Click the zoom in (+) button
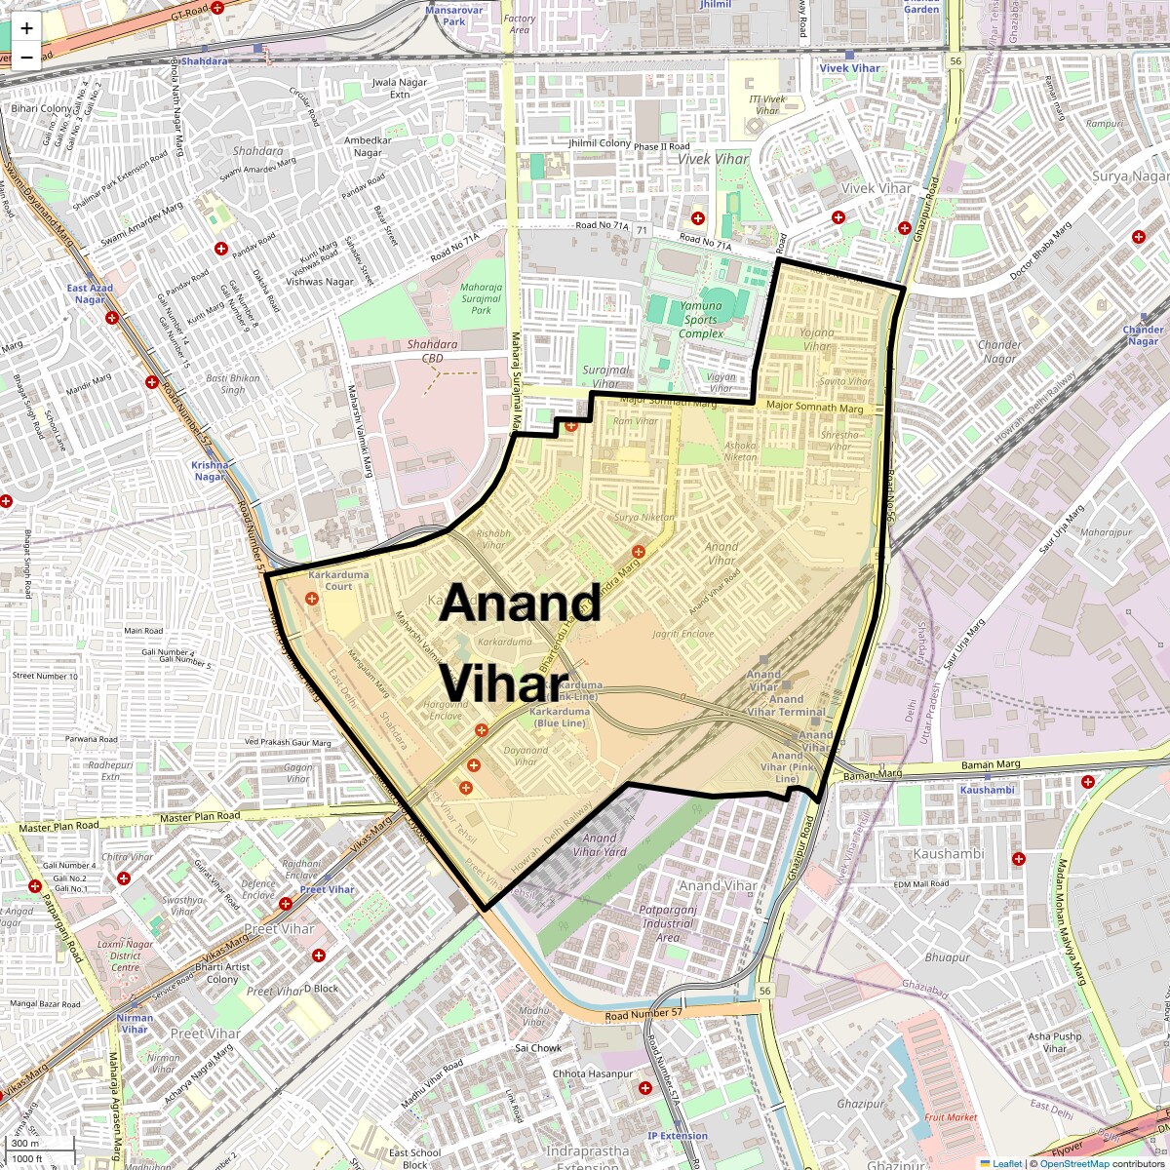[26, 28]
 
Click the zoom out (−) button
[26, 57]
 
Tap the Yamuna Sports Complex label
[701, 320]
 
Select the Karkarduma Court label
[338, 581]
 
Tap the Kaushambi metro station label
[987, 790]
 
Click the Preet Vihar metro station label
[327, 889]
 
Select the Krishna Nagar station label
[210, 471]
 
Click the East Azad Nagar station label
[90, 293]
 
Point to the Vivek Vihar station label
[848, 68]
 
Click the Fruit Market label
[951, 1117]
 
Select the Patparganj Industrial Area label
[668, 923]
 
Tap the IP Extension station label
[678, 1136]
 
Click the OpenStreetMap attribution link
[1074, 1163]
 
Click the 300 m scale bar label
[26, 1144]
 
